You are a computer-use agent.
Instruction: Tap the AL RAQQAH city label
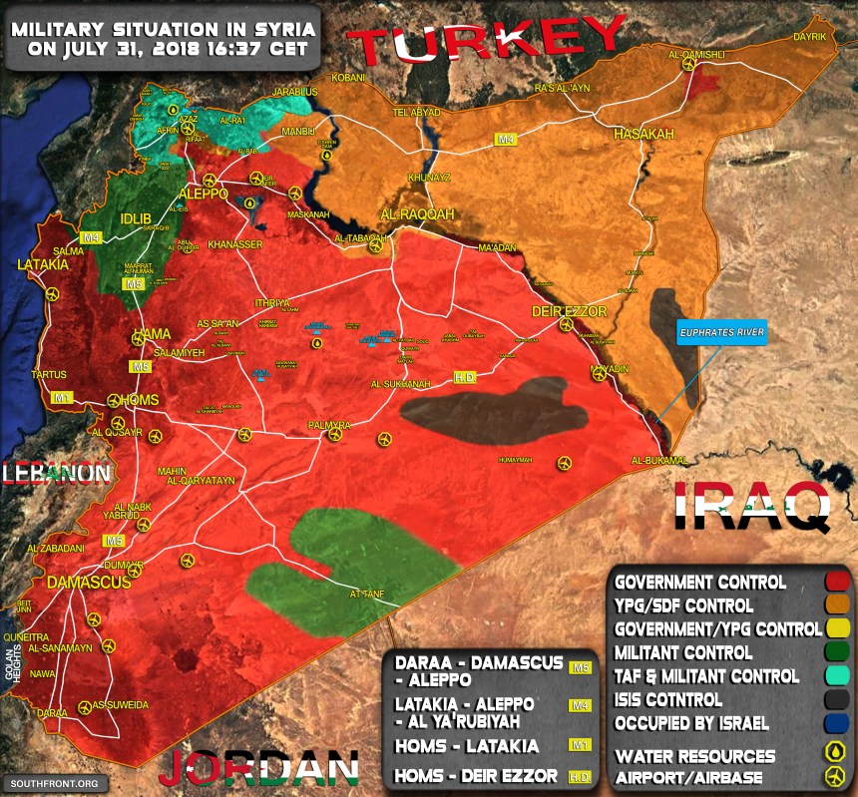[x=417, y=214]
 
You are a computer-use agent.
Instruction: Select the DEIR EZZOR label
[x=569, y=311]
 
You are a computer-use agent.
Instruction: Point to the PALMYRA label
[x=330, y=426]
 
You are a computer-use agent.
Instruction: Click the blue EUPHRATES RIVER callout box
[x=722, y=333]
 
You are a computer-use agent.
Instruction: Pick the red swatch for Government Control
[x=837, y=582]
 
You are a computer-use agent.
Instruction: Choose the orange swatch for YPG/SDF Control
[x=837, y=605]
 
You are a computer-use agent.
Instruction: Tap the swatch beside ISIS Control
[x=837, y=700]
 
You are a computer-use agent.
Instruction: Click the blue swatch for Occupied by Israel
[x=837, y=724]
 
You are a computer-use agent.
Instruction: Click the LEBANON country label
[x=55, y=473]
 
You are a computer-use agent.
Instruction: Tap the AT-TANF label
[x=366, y=595]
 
